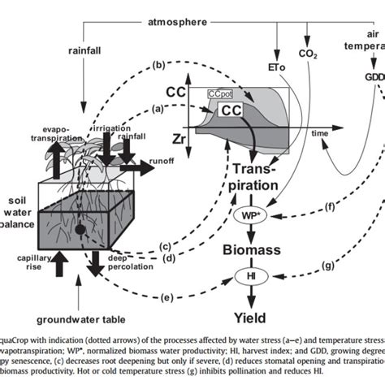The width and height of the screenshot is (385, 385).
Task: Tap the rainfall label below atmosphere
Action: point(84,50)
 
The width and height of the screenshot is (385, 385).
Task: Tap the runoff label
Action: point(162,161)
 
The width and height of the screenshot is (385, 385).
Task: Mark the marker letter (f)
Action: point(330,207)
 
